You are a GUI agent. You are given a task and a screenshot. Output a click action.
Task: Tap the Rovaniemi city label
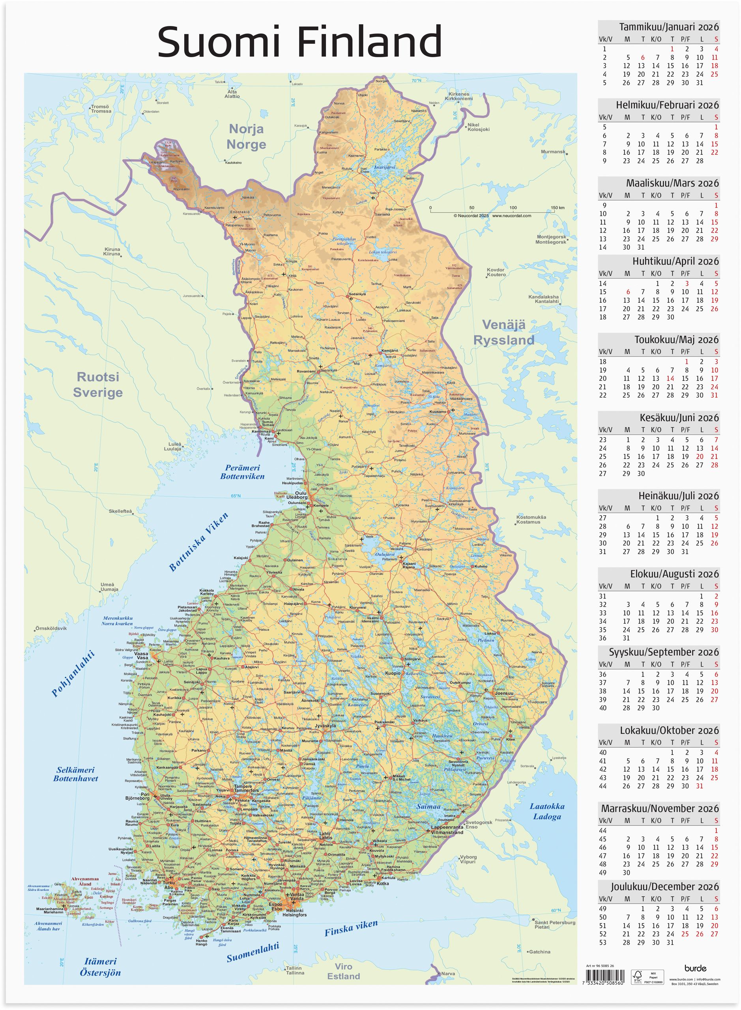(306, 371)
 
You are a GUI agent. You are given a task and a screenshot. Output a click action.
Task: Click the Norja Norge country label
(246, 137)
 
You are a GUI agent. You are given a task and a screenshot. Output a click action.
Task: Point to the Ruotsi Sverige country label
(98, 384)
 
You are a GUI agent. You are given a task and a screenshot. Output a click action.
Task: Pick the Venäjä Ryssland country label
(504, 332)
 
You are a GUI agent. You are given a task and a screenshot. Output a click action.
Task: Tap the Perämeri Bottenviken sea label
(242, 472)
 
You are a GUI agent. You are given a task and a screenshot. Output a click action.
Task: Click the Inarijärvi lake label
(384, 167)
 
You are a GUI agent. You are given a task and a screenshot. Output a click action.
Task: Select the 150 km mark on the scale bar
(558, 208)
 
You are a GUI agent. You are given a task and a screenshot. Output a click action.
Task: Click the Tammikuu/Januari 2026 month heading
(668, 27)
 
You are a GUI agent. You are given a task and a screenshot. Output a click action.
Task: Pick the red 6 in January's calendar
(642, 58)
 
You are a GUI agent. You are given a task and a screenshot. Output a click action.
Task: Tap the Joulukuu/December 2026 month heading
(664, 887)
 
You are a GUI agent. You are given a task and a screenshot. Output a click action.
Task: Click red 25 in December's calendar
(685, 934)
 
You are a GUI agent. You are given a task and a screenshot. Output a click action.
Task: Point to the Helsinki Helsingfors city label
(295, 913)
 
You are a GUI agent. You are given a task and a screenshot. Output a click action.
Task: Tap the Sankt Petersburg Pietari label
(554, 924)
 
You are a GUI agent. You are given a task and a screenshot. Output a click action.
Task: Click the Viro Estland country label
(343, 971)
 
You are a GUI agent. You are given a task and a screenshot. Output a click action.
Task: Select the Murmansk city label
(553, 151)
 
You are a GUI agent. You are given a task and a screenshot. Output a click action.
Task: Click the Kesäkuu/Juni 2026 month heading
(679, 417)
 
